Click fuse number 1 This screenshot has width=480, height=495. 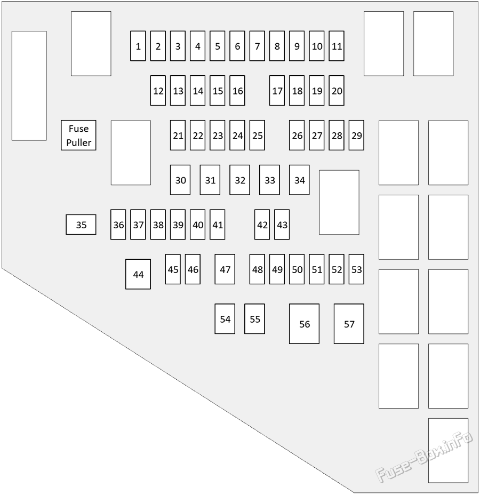(138, 46)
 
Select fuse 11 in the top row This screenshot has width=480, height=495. (337, 46)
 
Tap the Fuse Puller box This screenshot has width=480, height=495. (78, 135)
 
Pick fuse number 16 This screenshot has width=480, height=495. (237, 90)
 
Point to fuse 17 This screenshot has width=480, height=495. (277, 90)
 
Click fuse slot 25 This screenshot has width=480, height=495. (257, 135)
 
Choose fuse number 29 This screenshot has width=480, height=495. (356, 135)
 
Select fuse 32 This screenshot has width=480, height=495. (240, 180)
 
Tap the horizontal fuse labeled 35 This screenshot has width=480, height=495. (81, 225)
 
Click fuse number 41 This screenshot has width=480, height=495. (218, 225)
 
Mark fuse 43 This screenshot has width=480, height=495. (282, 225)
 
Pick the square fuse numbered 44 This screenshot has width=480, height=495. (138, 274)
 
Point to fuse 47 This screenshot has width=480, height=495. (225, 269)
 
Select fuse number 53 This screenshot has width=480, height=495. (356, 269)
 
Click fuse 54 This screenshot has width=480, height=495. (225, 319)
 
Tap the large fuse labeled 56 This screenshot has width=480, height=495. (304, 324)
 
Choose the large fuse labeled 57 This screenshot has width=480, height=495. (349, 324)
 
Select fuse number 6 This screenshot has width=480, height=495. (237, 46)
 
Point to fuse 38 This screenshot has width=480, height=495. (158, 225)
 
